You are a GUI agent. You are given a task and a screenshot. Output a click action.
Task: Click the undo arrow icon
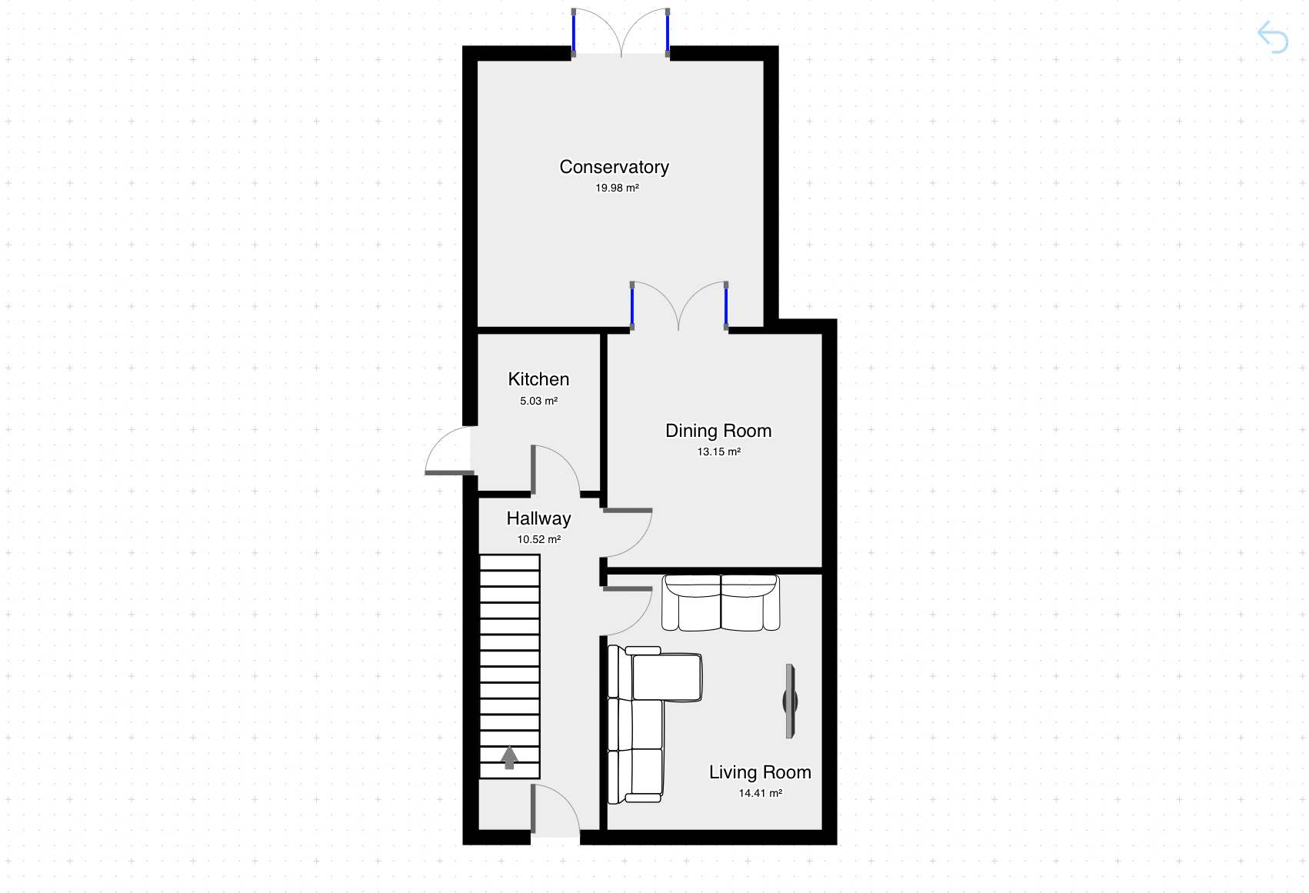(x=1273, y=37)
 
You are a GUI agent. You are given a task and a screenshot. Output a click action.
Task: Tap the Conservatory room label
(x=615, y=167)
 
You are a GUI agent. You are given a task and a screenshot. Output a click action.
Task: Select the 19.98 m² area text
(x=617, y=188)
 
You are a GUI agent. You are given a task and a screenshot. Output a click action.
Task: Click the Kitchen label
(x=538, y=379)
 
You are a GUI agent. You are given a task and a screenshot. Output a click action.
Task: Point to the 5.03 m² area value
(x=539, y=401)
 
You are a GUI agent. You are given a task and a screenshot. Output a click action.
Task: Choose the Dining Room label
(x=718, y=431)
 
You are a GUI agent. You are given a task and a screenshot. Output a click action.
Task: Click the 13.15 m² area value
(x=719, y=451)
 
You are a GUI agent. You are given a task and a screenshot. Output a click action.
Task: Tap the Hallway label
(x=538, y=518)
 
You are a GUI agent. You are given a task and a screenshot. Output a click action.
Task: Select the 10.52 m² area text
(x=539, y=539)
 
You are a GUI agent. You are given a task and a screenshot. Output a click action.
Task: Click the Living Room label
(x=760, y=772)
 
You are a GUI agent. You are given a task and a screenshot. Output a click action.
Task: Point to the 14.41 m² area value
(x=761, y=793)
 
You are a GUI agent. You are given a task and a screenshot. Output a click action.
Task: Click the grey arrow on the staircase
(x=509, y=758)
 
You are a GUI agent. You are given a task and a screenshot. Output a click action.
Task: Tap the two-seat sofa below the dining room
(x=721, y=603)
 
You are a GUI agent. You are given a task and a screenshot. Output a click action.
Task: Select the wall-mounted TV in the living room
(x=790, y=701)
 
